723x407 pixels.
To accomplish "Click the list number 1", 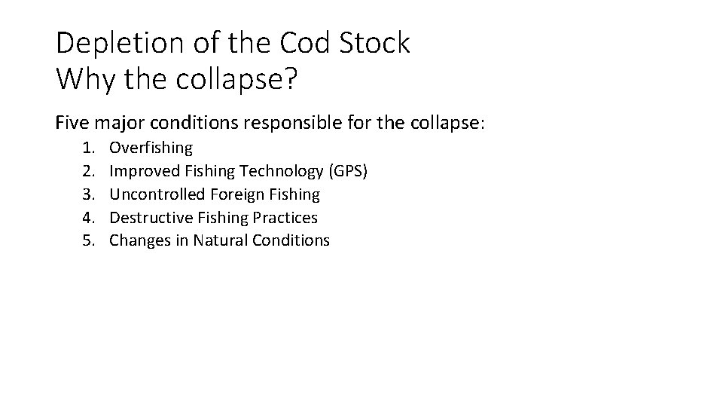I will tap(88, 148).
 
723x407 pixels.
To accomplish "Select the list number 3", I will tap(88, 194).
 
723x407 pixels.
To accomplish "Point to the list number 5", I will tap(88, 240).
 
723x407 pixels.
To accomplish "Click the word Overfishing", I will tap(151, 148).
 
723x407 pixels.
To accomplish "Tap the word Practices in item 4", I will tap(289, 217).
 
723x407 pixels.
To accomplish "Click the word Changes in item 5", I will tap(138, 240).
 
